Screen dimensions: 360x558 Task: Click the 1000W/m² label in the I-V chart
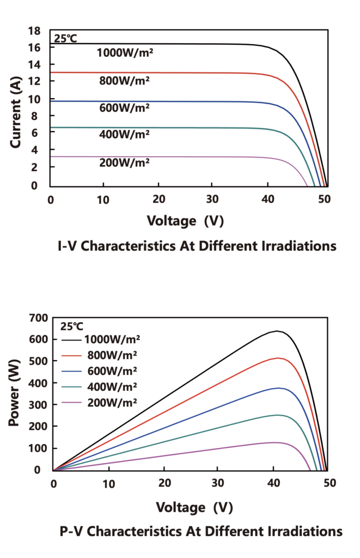click(125, 53)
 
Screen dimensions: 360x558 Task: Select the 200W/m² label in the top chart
click(124, 162)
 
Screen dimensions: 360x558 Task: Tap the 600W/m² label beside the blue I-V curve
click(124, 107)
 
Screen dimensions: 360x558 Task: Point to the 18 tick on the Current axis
click(34, 31)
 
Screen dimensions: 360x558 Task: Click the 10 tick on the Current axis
click(34, 99)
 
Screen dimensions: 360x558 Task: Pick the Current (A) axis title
click(15, 112)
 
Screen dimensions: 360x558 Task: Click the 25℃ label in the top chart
click(65, 39)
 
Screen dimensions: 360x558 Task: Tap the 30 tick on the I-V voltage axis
click(212, 199)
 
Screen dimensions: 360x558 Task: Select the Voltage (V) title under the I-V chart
click(185, 221)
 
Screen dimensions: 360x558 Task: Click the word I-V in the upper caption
click(67, 246)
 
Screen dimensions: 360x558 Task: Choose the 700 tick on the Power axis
click(39, 318)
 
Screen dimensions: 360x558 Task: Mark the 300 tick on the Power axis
click(39, 405)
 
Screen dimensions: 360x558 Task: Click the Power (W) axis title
click(14, 393)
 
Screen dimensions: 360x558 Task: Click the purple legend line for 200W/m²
click(71, 403)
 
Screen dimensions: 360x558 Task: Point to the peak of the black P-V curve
click(277, 331)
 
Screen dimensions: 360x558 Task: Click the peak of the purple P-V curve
click(274, 442)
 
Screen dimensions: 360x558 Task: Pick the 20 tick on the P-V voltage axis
click(164, 483)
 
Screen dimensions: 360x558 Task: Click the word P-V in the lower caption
click(71, 531)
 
